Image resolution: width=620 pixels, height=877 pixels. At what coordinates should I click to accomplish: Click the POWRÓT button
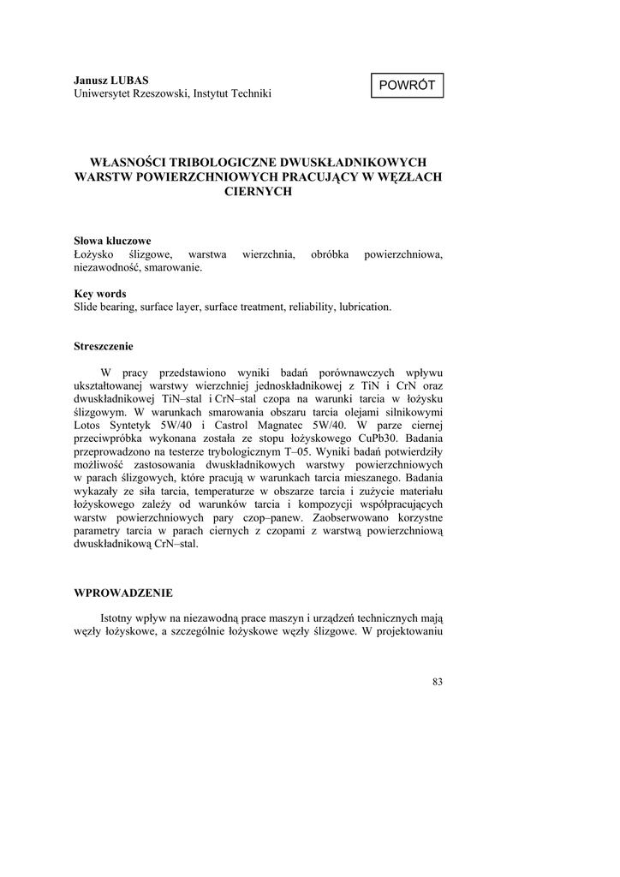[407, 86]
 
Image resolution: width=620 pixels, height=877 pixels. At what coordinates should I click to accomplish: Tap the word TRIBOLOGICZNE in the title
[217, 162]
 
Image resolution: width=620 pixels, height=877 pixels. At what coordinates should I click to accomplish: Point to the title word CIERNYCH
[258, 192]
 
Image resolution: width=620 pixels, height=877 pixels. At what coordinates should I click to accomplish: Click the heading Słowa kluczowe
[112, 241]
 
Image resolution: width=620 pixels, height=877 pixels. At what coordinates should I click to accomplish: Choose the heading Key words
[100, 293]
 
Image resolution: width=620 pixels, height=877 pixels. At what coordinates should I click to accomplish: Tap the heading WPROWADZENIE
[123, 592]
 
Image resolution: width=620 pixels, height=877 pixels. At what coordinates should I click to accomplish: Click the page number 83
[438, 682]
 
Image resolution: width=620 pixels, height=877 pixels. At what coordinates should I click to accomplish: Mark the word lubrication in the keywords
[365, 307]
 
